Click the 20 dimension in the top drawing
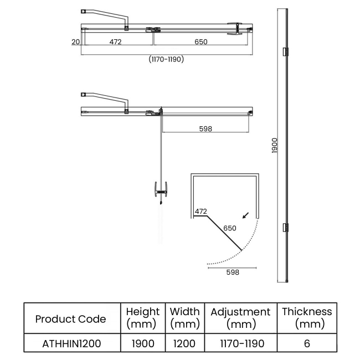point(75,42)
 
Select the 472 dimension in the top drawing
point(115,42)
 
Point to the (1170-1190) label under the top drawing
point(166,59)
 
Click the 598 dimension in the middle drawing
point(205,128)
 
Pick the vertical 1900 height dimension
point(275,146)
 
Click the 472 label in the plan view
point(200,211)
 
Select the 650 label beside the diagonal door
point(229,228)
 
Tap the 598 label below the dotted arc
point(232,272)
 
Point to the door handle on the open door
point(161,192)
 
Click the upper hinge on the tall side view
point(286,52)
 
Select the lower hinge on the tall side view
point(286,227)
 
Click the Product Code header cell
point(70,318)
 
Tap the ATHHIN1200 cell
point(70,343)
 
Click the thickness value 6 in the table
point(307,343)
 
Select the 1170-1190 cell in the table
point(240,343)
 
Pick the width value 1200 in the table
point(184,343)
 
